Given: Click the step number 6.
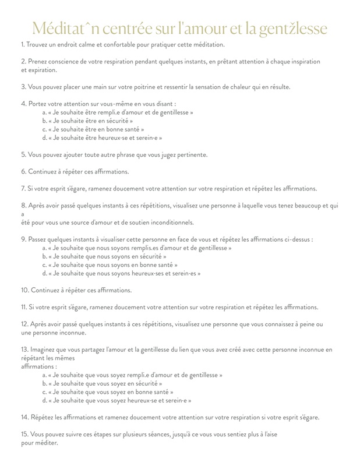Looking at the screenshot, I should click(23, 171).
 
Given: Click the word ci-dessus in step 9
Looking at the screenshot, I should click(294, 239).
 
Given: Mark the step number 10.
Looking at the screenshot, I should click(24, 290).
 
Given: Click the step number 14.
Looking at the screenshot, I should click(24, 418).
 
